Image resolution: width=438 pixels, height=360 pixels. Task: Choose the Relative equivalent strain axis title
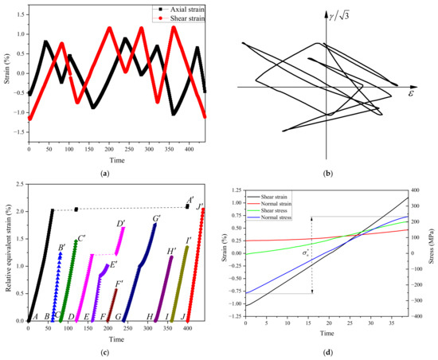click(x=6, y=255)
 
